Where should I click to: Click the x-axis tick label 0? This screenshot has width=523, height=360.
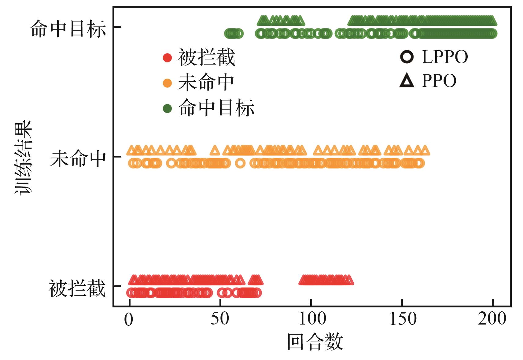(x=128, y=320)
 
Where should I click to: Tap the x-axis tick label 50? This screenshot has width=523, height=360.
(x=220, y=319)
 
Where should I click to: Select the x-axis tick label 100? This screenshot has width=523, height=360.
(x=312, y=319)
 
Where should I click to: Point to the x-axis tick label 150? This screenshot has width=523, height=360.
(x=403, y=319)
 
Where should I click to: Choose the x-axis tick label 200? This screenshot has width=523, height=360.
(x=492, y=319)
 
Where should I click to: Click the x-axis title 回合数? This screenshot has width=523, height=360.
(x=315, y=342)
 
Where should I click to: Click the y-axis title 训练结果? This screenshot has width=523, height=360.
(x=23, y=158)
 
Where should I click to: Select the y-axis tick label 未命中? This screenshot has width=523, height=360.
(x=78, y=159)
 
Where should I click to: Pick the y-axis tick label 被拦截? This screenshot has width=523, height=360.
(x=77, y=288)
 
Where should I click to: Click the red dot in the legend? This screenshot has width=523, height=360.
(x=167, y=58)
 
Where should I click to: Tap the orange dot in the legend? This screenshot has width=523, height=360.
(x=167, y=83)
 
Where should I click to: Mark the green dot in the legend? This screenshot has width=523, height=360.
(x=167, y=108)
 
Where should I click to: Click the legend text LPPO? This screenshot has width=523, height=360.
(x=445, y=57)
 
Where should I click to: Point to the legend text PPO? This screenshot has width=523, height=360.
(x=439, y=81)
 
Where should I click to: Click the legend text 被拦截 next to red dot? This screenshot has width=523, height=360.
(x=207, y=58)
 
